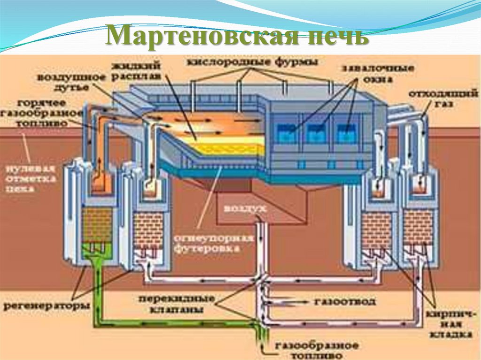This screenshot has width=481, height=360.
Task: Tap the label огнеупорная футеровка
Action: [213, 244]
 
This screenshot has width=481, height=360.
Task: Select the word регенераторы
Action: [47, 306]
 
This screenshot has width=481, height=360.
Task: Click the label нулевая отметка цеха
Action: [30, 178]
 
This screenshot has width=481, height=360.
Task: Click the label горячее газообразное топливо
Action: [40, 113]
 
